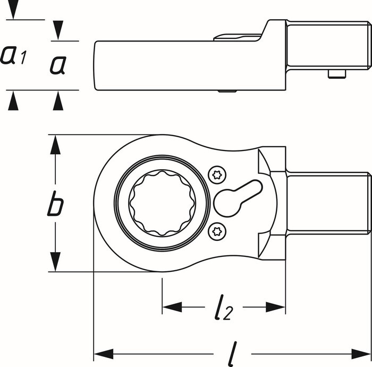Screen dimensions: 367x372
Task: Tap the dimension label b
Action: (x=55, y=205)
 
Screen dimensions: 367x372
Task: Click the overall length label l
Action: (x=231, y=353)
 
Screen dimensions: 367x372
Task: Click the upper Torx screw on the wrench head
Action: (x=216, y=174)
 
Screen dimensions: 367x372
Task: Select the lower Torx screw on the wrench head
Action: (x=216, y=230)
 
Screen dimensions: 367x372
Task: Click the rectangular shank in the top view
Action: (x=327, y=203)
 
